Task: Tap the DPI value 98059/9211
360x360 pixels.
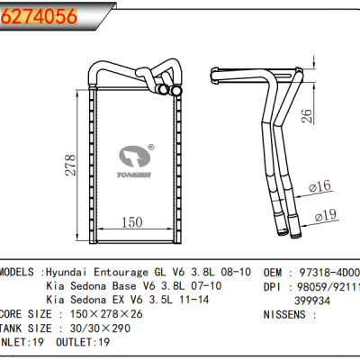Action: click(329, 286)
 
